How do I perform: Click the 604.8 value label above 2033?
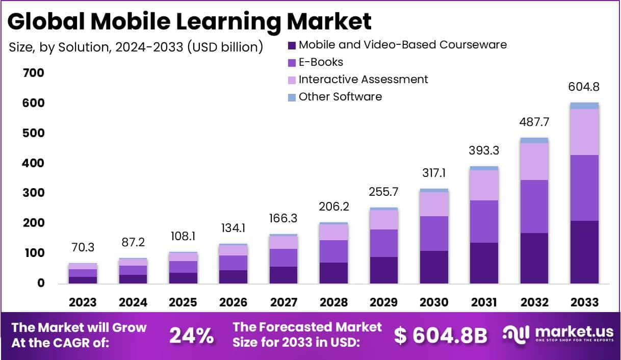point(584,87)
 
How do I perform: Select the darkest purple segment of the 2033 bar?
point(584,252)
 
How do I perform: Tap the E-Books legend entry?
point(321,62)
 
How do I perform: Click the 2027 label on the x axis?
point(283,302)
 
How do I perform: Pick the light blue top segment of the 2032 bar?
point(534,140)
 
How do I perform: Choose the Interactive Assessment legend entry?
point(363,80)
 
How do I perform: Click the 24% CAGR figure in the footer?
point(191,336)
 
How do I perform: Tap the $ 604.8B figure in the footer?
point(441,336)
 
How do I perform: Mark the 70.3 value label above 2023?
point(83,247)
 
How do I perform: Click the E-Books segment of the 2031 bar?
point(484,221)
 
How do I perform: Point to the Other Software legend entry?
point(340,97)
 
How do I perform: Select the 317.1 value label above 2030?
point(434,173)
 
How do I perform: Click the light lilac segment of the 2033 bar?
point(584,132)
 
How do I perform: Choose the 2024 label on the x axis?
point(133,302)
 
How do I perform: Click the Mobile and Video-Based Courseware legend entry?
point(402,45)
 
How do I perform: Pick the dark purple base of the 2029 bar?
point(384,270)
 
